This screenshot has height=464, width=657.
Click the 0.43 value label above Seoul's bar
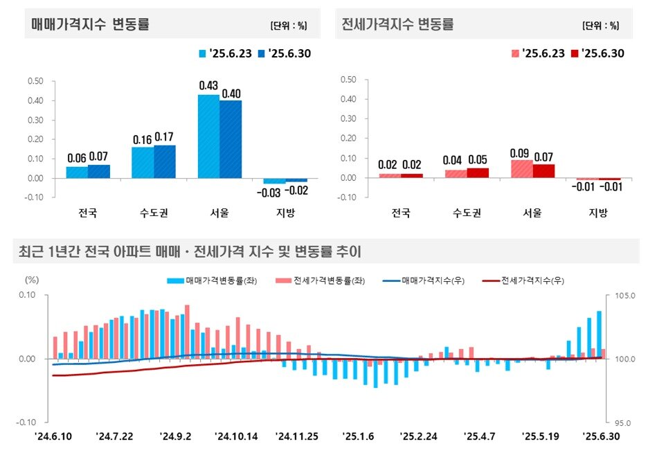[x=208, y=86]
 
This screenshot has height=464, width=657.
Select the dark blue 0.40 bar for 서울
[x=231, y=139]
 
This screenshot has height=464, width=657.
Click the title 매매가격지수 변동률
[x=91, y=24]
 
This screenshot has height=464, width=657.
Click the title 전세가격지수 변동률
[x=398, y=24]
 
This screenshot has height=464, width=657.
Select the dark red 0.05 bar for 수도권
[x=478, y=172]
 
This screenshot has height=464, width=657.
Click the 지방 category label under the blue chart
[x=285, y=213]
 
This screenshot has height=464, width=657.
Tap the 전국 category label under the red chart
[x=401, y=213]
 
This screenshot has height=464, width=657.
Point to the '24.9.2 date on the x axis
[x=175, y=436]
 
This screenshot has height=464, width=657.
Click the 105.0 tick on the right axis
[x=622, y=296]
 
